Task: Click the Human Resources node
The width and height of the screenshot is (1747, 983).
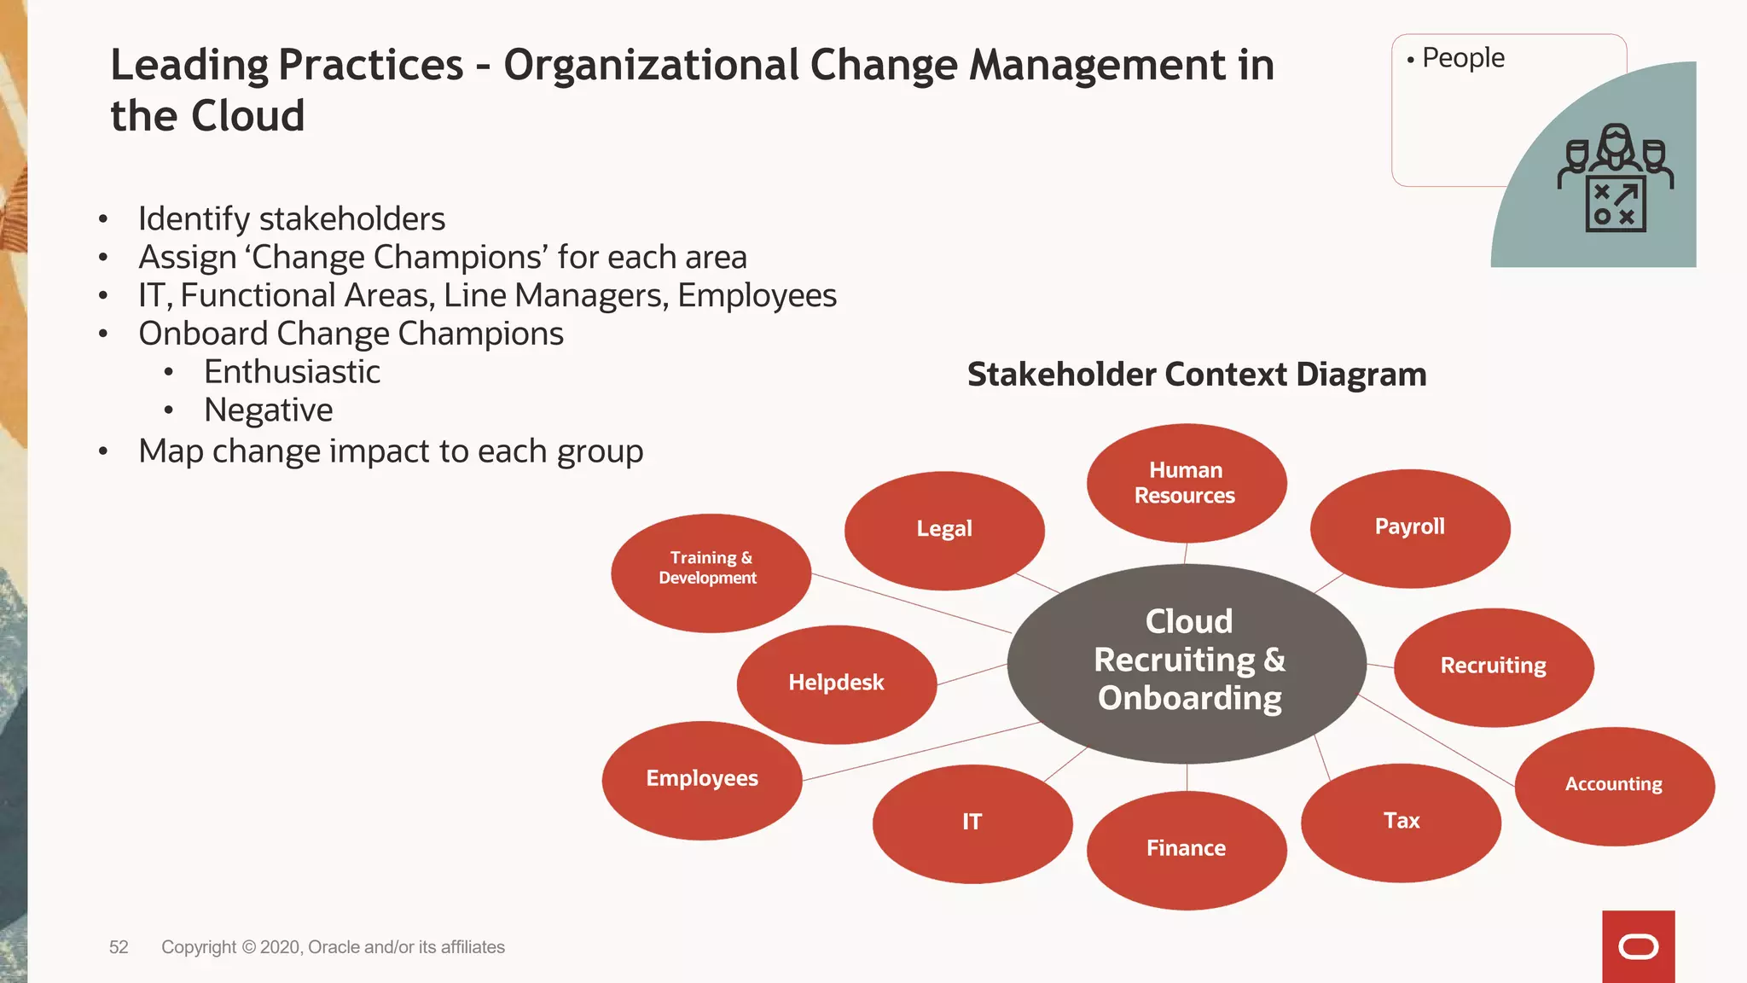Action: tap(1186, 483)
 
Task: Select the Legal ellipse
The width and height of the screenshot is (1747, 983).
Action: tap(944, 530)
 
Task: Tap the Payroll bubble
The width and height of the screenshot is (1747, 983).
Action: tap(1409, 528)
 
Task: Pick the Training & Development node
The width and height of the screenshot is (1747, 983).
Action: tap(710, 573)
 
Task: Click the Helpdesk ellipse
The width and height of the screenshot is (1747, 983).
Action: tap(836, 683)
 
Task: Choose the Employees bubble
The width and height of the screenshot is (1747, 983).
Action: tap(701, 780)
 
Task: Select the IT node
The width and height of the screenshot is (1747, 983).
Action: tap(972, 823)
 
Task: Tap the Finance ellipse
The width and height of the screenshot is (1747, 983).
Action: tap(1186, 850)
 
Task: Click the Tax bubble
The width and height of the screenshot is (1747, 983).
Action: tap(1401, 823)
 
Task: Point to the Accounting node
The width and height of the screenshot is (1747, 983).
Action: tap(1614, 786)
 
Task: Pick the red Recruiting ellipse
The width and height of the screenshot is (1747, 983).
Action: tap(1493, 667)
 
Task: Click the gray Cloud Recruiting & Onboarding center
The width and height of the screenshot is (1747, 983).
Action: tap(1187, 661)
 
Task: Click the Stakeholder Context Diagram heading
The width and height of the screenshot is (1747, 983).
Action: tap(1196, 375)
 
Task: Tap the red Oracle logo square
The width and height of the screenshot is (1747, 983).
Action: tap(1638, 946)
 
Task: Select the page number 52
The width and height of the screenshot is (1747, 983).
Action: tap(119, 947)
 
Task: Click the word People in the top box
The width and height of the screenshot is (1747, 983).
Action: tap(1463, 58)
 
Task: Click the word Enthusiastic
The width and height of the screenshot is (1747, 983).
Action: tap(292, 372)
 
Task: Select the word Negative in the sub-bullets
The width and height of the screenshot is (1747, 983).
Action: tap(268, 410)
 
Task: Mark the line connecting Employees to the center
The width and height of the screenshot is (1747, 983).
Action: tap(921, 752)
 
